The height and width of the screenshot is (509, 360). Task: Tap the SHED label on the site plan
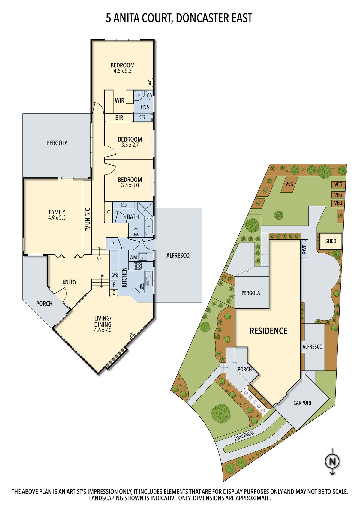tap(331, 241)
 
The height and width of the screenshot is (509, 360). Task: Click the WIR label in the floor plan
tap(119, 100)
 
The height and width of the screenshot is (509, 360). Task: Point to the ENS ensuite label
tap(145, 107)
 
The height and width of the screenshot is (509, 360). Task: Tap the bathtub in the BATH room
tap(149, 226)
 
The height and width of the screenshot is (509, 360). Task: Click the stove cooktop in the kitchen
tap(138, 266)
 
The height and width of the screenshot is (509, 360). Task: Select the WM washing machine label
tap(133, 257)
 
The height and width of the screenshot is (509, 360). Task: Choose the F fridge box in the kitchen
tap(114, 285)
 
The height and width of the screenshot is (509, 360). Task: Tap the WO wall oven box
tap(114, 276)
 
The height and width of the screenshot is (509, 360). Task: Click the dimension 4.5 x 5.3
tap(123, 71)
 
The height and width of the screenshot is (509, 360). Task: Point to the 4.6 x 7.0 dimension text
tap(103, 331)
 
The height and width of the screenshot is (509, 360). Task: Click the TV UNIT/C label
tap(88, 220)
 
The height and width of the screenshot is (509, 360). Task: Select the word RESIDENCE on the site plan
tap(268, 331)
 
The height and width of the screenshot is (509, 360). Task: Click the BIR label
tap(119, 118)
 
